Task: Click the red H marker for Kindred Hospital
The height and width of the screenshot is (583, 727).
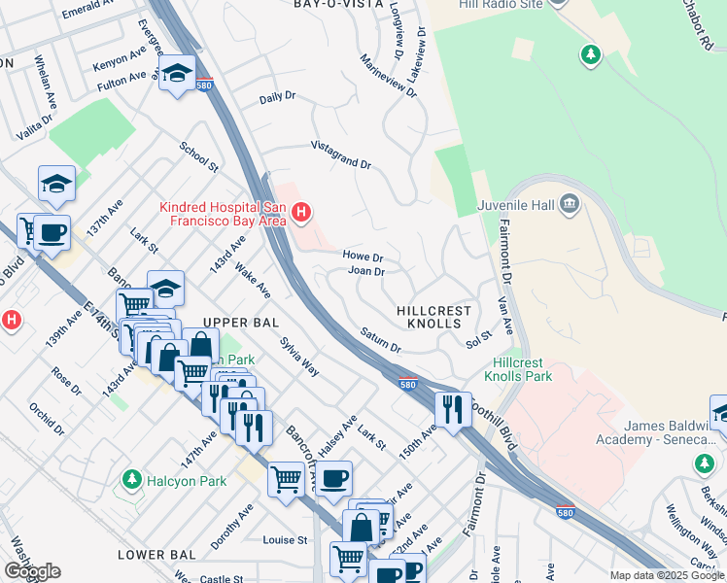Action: [301, 211]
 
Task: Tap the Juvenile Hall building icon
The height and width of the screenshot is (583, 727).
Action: [570, 204]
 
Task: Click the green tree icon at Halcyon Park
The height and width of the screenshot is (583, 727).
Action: [131, 480]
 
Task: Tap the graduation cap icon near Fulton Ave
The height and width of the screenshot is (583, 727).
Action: [177, 74]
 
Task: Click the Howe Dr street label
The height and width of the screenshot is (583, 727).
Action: [363, 256]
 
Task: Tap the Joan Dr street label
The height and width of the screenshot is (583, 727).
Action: [366, 271]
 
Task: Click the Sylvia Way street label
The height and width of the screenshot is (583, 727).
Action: [298, 356]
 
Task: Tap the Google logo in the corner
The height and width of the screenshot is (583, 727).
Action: [32, 570]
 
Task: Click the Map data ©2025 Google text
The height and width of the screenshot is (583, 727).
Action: [666, 575]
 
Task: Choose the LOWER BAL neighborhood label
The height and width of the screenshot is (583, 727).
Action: [156, 554]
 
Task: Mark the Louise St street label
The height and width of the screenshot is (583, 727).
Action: [285, 539]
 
